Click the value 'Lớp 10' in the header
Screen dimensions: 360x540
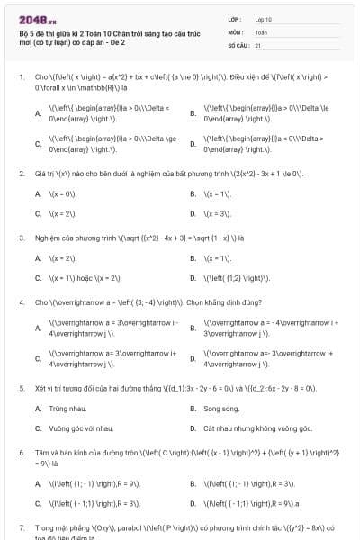[x=264, y=19]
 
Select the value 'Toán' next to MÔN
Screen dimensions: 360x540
[x=261, y=31]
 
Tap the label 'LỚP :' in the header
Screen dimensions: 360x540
[x=236, y=19]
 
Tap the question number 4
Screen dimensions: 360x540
[x=22, y=302]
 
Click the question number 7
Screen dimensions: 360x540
[x=22, y=526]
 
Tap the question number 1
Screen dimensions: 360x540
[x=22, y=77]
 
